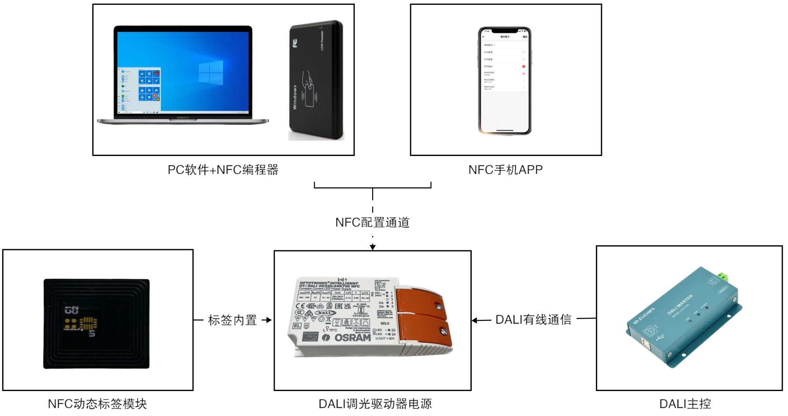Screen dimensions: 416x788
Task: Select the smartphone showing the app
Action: click(505, 81)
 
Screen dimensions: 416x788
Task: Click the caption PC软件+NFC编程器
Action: click(223, 170)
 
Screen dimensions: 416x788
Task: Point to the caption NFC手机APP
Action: click(505, 170)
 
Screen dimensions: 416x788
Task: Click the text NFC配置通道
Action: click(373, 222)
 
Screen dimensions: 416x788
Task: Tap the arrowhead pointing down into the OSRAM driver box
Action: click(373, 247)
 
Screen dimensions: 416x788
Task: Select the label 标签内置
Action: click(232, 320)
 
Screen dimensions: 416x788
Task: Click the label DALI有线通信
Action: click(533, 320)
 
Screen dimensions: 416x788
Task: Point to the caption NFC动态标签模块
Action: click(97, 404)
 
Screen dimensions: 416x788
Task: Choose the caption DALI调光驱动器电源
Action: click(375, 404)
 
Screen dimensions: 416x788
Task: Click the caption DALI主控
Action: click(685, 404)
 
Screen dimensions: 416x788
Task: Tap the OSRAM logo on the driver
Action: click(352, 338)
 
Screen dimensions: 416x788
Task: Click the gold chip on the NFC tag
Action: click(87, 323)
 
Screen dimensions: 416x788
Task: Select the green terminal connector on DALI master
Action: click(723, 277)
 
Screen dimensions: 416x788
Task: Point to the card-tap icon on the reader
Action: click(309, 90)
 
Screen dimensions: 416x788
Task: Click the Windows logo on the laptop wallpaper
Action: click(211, 73)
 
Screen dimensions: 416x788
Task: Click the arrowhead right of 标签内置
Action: click(268, 320)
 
